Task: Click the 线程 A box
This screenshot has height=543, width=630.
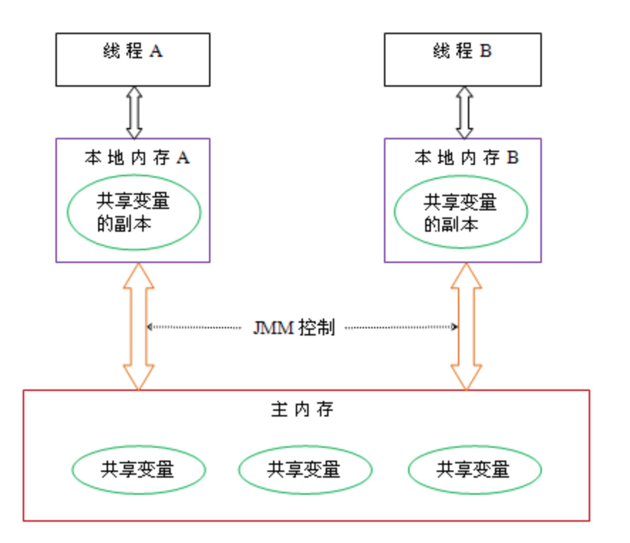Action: click(x=133, y=59)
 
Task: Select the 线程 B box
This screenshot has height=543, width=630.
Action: click(x=462, y=59)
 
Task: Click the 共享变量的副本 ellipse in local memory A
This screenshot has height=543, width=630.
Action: click(x=134, y=212)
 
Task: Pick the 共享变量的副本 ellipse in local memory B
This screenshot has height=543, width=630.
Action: click(x=461, y=212)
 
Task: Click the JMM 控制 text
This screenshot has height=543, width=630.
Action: click(x=293, y=328)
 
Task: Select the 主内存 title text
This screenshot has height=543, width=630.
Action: click(x=301, y=410)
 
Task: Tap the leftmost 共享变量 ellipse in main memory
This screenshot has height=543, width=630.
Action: click(x=138, y=469)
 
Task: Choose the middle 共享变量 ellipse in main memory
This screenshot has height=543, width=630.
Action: click(x=305, y=469)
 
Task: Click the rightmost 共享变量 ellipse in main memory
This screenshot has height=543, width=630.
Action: click(x=474, y=469)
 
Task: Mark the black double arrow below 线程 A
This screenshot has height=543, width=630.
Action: click(x=134, y=112)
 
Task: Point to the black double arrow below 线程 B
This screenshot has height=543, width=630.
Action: click(x=464, y=112)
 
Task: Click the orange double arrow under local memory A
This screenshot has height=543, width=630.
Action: click(x=138, y=326)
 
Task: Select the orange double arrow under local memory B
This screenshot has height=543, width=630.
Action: click(x=466, y=326)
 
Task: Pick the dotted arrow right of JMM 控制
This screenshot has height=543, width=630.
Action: click(x=400, y=327)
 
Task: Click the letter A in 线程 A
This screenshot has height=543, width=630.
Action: click(x=156, y=52)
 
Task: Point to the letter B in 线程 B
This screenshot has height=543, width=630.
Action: click(x=486, y=52)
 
